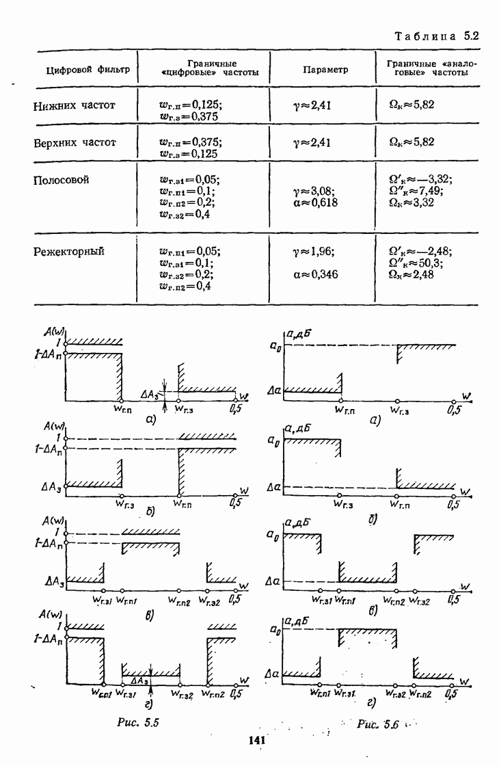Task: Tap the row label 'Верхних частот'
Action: pyautogui.click(x=75, y=144)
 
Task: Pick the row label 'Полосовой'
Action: pyautogui.click(x=61, y=181)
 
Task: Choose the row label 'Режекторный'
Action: pyautogui.click(x=69, y=251)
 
